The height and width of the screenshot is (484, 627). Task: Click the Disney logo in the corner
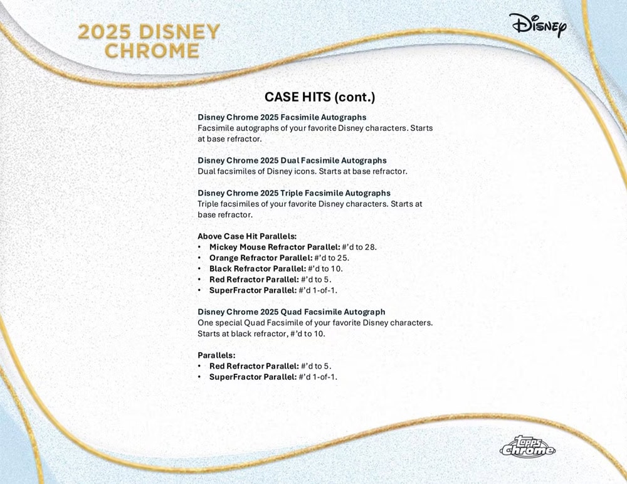[537, 25]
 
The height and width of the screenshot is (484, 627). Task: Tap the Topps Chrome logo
[527, 446]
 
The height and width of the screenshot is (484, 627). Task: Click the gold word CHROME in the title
[152, 51]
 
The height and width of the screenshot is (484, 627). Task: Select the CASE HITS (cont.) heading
[320, 97]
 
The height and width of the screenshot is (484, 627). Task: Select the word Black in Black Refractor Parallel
[220, 269]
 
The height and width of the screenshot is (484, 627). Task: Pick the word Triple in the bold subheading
[292, 193]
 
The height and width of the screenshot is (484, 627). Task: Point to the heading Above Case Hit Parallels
[247, 236]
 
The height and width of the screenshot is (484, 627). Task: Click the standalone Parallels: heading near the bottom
[216, 355]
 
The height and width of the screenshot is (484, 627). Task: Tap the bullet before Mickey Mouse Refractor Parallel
[199, 247]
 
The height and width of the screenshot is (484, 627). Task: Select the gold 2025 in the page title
[104, 32]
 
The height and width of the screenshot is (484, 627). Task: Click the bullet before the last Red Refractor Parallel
[199, 366]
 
